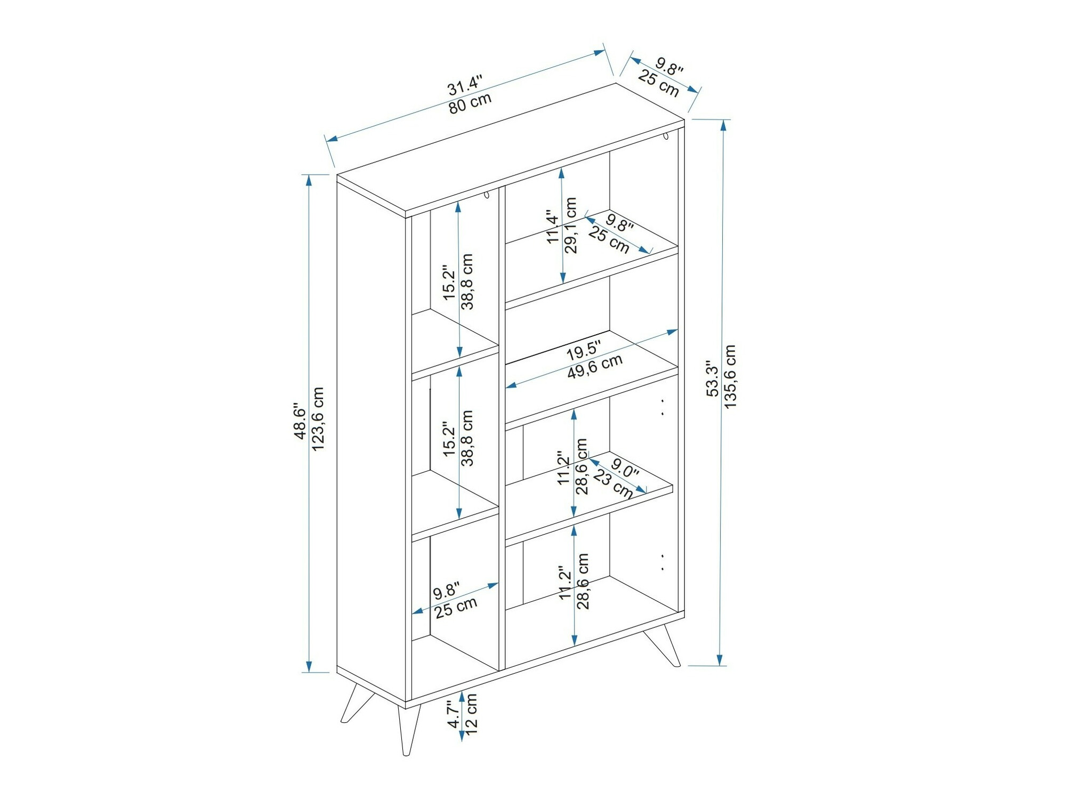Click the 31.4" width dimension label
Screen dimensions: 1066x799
click(465, 85)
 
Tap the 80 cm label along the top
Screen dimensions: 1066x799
click(470, 102)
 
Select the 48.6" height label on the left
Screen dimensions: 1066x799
click(300, 422)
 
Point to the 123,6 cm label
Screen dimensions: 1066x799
click(318, 419)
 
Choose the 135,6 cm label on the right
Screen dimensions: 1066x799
click(730, 376)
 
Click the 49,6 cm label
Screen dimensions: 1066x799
click(595, 367)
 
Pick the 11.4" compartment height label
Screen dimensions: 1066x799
click(554, 226)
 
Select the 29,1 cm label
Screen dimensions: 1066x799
click(570, 225)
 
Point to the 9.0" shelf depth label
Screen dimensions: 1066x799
click(625, 468)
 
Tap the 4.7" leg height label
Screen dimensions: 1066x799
click(454, 715)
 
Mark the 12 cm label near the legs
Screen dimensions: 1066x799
click(471, 715)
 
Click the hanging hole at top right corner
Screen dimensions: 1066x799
click(666, 136)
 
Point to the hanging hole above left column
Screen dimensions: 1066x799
click(487, 195)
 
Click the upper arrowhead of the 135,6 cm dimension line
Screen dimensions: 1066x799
click(723, 125)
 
